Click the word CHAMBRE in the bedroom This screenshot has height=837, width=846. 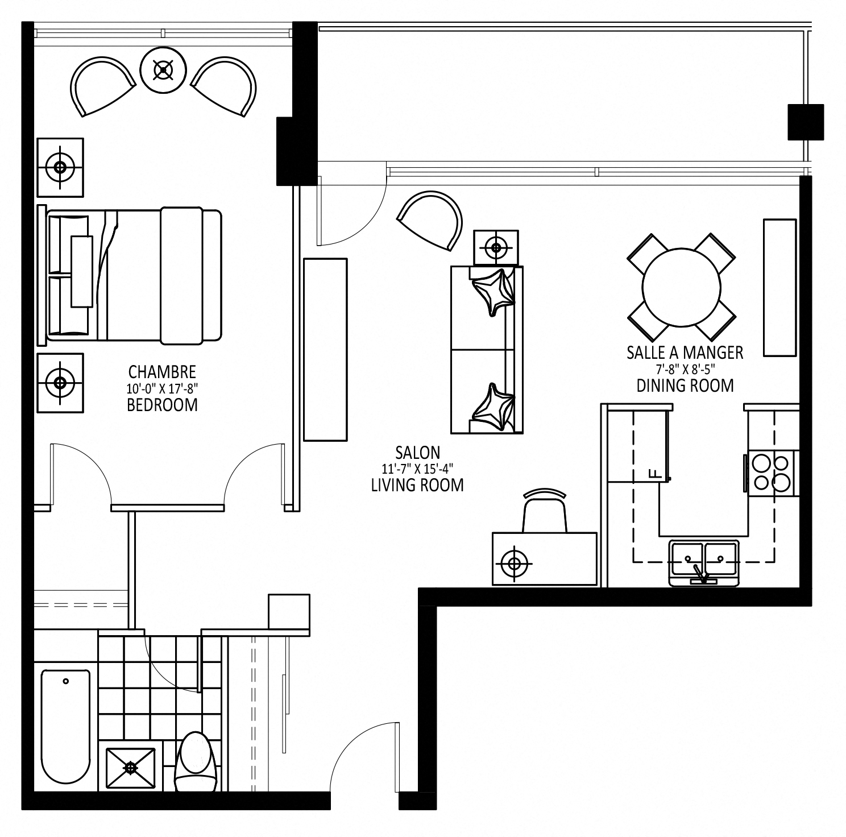(162, 372)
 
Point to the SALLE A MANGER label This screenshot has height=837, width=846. (685, 353)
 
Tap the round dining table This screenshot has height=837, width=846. (681, 287)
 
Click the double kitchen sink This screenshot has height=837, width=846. (704, 563)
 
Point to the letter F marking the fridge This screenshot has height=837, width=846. (654, 473)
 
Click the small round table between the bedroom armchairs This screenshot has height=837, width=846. (164, 70)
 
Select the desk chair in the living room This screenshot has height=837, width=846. (545, 510)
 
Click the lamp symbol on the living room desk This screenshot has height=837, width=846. (515, 563)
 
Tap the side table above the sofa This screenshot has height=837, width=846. (496, 248)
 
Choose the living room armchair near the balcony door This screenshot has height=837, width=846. (431, 219)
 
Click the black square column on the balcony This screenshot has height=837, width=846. (806, 122)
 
